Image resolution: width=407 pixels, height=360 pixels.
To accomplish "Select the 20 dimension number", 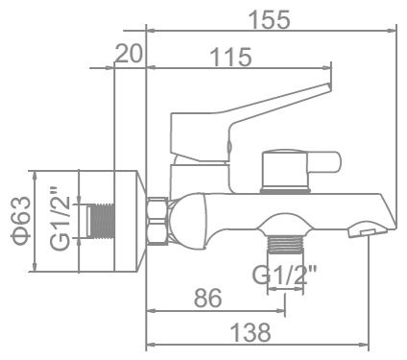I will coord(128,55).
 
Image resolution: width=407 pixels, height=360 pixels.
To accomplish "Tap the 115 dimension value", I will coord(229,58).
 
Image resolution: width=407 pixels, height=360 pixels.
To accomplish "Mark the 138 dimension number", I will coord(251,332).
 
